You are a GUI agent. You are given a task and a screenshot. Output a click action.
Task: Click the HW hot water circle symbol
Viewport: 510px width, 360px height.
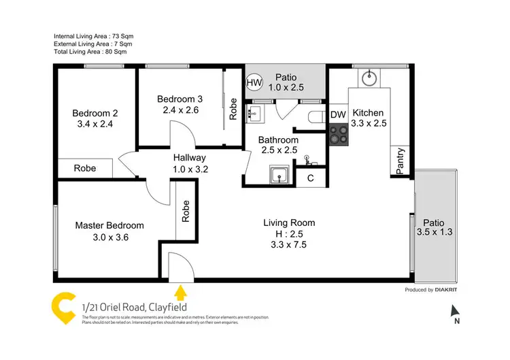(x=254, y=84)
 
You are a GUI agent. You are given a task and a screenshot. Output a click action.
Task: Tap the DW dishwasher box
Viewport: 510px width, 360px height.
(x=338, y=115)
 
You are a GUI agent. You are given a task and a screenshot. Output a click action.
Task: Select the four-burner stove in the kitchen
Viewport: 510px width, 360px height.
(x=339, y=135)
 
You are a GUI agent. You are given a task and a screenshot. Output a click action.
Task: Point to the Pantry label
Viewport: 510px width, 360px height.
(x=401, y=162)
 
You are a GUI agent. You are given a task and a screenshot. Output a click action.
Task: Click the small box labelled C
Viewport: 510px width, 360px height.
(x=310, y=178)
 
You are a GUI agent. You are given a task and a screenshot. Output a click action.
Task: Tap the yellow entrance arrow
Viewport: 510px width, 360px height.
(x=180, y=293)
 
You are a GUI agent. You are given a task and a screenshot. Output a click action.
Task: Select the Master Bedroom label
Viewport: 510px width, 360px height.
(x=109, y=226)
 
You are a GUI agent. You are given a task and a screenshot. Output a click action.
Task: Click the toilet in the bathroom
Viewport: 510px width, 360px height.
(x=313, y=116)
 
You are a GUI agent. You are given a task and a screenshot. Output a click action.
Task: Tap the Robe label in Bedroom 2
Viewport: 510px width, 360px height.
(x=84, y=168)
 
